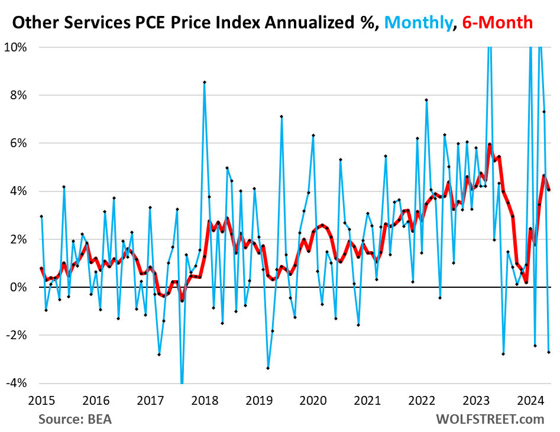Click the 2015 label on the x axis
coord(41,400)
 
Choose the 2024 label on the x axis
coord(530,400)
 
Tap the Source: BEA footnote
coord(75,419)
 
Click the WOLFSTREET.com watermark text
coord(490,419)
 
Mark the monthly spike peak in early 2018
coord(204,82)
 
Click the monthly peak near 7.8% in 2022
coord(426,100)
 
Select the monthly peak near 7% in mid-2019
coord(281,116)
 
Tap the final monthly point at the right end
coord(548,352)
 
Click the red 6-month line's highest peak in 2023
coord(490,144)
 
